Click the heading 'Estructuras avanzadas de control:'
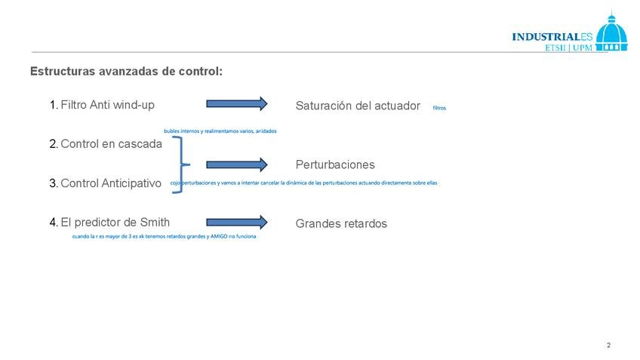coord(126,72)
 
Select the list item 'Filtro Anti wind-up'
coord(107,105)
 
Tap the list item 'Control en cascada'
coord(111,143)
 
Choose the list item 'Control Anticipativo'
coord(111,183)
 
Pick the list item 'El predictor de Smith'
coord(115,222)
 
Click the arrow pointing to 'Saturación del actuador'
coord(237,103)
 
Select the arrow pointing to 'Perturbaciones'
coord(237,165)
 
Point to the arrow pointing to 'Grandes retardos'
coord(237,222)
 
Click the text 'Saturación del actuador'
coord(358,106)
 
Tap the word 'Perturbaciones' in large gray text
coord(335,165)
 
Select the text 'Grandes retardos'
coord(341,223)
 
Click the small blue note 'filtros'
coord(439,108)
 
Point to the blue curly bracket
coord(179,165)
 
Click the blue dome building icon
coord(611,33)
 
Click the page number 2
coord(608,345)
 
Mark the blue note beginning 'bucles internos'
coord(220,131)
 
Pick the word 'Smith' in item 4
coord(155,222)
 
